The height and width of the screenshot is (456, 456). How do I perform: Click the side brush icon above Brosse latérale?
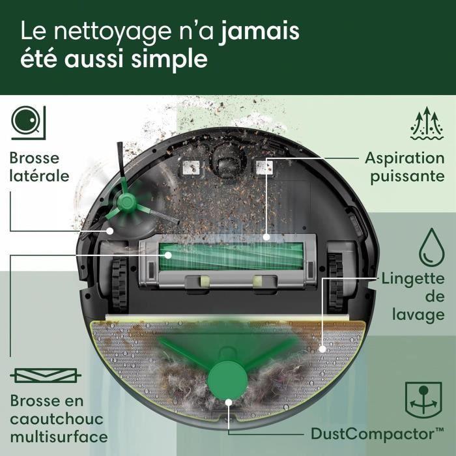click(x=28, y=122)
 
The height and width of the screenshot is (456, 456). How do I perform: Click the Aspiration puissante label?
click(x=404, y=167)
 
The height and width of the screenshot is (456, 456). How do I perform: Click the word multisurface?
click(x=59, y=436)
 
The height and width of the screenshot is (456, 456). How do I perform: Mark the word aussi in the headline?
click(x=98, y=59)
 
